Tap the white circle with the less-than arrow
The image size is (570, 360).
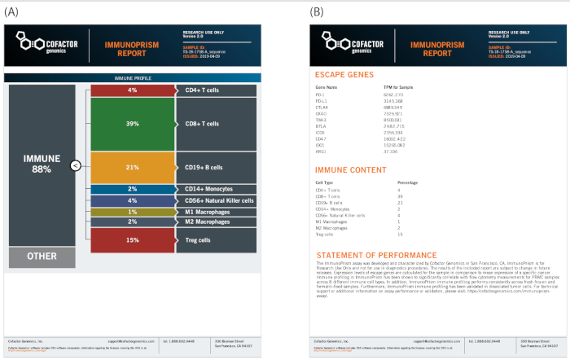pos(75,166)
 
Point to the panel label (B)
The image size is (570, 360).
pos(317,11)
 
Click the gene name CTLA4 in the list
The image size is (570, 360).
pos(323,106)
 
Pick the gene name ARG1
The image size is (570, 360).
pos(322,151)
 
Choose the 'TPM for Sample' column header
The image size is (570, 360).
pos(400,86)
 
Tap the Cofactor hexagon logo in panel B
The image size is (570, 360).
pos(332,38)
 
